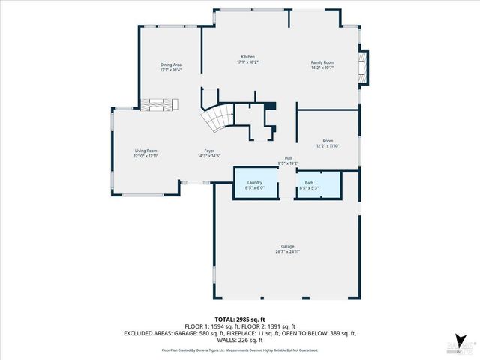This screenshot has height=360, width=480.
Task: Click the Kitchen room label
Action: (x=247, y=58)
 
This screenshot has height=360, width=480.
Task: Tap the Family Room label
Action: (x=322, y=62)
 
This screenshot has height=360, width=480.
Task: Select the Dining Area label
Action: (x=171, y=65)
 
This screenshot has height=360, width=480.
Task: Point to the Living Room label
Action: (x=145, y=151)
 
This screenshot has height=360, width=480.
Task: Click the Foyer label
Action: (x=209, y=151)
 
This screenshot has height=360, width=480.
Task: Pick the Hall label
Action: (x=288, y=158)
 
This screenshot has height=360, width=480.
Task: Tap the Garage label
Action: (x=287, y=247)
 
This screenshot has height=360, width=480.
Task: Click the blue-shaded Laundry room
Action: (x=254, y=184)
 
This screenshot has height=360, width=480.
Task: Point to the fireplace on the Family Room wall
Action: (x=364, y=68)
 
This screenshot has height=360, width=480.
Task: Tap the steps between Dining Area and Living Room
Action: (x=158, y=105)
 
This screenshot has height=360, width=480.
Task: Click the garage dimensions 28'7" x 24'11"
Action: (x=287, y=252)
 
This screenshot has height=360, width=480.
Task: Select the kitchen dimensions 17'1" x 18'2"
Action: (x=247, y=62)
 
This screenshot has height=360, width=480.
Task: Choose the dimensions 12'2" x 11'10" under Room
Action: (x=328, y=145)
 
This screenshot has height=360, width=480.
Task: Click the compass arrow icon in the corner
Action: (x=457, y=339)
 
